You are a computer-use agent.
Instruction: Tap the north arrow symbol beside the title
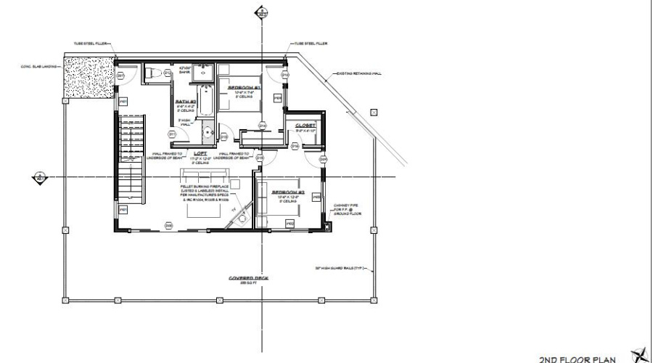tap(639, 354)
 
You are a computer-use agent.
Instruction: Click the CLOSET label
tap(305, 126)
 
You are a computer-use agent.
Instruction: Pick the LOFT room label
tap(201, 153)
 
